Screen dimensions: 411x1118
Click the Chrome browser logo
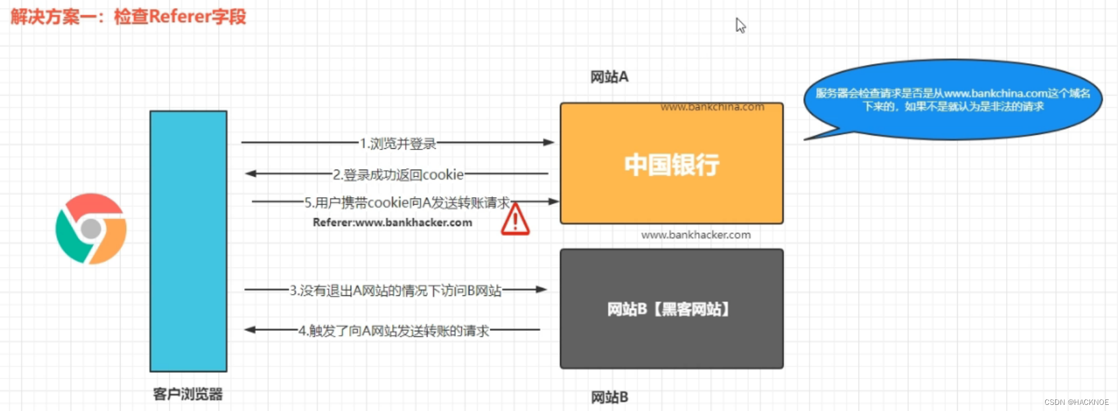[x=91, y=229]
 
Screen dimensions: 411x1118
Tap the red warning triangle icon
[x=515, y=221]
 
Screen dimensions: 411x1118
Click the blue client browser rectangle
[x=188, y=241]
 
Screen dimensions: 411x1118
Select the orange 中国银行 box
[x=671, y=164]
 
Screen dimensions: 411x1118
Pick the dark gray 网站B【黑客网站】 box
[x=671, y=309]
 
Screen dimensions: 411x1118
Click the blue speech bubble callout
[x=953, y=100]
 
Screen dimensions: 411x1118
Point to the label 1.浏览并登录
[x=398, y=143]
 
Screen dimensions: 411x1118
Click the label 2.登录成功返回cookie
[x=398, y=175]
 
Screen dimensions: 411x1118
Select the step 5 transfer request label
[x=407, y=203]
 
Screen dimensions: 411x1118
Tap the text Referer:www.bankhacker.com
[x=392, y=222]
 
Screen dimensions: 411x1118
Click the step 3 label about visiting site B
[x=395, y=290]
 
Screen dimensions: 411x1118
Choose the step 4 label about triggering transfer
[x=393, y=331]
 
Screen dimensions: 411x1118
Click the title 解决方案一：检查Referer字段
[x=129, y=17]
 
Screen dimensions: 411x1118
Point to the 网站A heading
[x=609, y=77]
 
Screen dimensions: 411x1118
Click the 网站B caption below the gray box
[x=609, y=397]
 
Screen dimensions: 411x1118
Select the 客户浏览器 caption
[x=188, y=394]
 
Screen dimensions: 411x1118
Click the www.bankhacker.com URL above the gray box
[x=696, y=235]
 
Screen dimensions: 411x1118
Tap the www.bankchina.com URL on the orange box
[x=712, y=107]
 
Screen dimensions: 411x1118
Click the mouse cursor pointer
[x=740, y=25]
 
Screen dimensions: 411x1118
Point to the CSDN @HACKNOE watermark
[x=1076, y=402]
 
